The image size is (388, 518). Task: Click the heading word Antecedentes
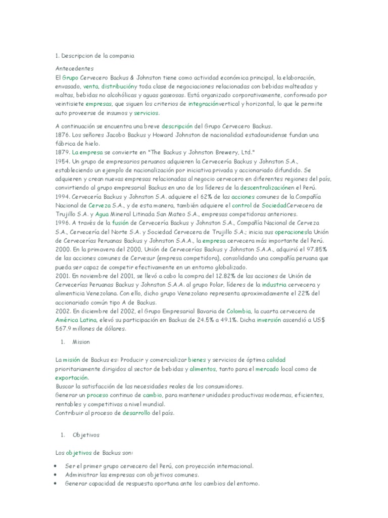[75, 68]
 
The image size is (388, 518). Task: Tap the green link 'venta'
[90, 87]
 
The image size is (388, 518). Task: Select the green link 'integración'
[203, 104]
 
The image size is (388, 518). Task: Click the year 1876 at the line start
[63, 135]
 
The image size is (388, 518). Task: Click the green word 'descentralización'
[268, 187]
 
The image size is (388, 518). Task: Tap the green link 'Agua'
[103, 214]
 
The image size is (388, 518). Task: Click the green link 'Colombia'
[239, 311]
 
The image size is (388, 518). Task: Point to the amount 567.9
[65, 329]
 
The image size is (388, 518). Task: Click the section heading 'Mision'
[81, 342]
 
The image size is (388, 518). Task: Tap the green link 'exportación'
[72, 377]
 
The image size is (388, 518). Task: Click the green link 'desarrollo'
[136, 413]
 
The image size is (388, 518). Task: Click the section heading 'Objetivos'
[86, 435]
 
